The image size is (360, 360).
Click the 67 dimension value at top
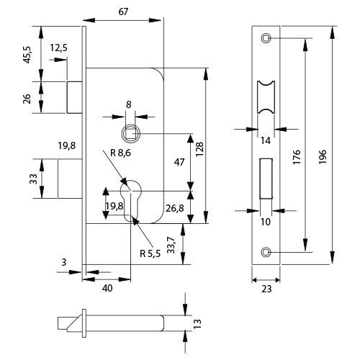coord(123,12)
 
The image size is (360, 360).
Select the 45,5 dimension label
coord(27,54)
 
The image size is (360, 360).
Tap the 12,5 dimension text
coord(59,48)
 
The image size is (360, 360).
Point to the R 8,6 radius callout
coord(120,153)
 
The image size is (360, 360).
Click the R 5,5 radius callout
coord(150,253)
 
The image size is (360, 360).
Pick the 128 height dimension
coord(199,149)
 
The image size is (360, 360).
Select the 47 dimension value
coord(179,162)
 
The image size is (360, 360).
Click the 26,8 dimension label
coord(175,208)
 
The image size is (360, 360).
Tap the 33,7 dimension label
coord(171,245)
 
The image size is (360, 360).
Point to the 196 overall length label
coord(323,157)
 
